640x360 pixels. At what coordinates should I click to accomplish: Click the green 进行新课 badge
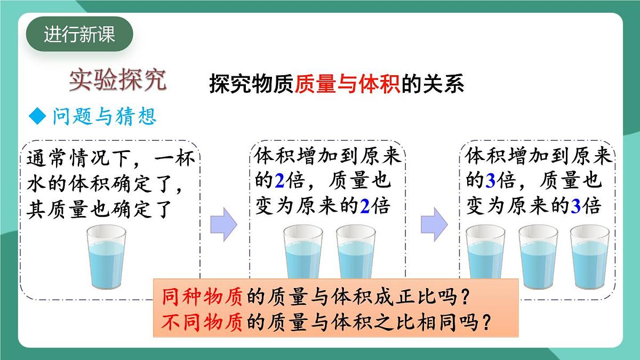click(79, 35)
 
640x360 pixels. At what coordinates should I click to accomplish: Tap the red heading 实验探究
click(118, 80)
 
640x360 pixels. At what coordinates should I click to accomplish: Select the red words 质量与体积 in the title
click(347, 84)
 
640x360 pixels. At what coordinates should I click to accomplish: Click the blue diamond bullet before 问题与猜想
click(38, 116)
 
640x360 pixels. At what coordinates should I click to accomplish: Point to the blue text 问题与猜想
click(105, 116)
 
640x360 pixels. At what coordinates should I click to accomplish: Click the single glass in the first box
click(107, 257)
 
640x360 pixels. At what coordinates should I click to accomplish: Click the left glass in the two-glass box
click(302, 251)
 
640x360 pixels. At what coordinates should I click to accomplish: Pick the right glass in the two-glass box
click(356, 251)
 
